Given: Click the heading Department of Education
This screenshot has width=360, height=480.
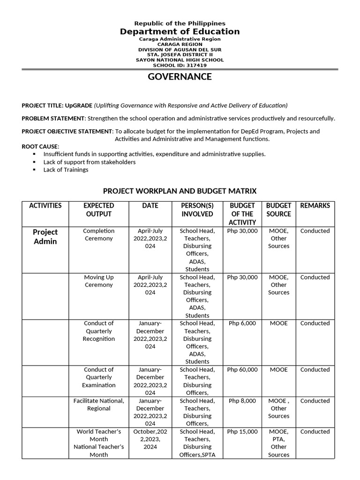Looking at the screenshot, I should pos(180,31).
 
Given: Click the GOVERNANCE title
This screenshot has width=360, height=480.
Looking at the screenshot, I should pos(180,77).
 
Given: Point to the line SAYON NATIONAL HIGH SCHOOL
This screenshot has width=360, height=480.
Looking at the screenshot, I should pos(180,60).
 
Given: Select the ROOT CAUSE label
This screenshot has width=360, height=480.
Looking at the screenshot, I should pos(40,147).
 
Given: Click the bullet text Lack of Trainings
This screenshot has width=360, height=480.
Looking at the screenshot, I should pos(66,170).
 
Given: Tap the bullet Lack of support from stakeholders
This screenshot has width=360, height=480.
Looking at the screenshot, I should pos(90,162).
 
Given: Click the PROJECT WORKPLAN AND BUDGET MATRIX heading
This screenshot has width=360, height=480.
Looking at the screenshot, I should pos(180,191).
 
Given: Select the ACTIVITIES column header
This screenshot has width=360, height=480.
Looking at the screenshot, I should pos(45,206).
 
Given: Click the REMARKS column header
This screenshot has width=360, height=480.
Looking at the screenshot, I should pos(315,206).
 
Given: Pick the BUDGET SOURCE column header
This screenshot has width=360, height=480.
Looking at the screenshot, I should pos(278,210).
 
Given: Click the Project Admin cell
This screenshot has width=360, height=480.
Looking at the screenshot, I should pos(45,237).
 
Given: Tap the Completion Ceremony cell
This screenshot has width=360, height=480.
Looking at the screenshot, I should pos(98,234).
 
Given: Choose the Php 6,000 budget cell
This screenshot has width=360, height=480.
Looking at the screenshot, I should pos(242,323).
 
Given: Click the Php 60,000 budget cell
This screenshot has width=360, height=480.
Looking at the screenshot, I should pos(242,370).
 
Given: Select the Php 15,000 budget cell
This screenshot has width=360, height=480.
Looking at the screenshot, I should pos(242,432).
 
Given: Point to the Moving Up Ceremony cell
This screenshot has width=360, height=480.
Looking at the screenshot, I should pos(98,281).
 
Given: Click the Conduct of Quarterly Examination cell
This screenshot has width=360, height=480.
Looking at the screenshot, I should pos(98,377).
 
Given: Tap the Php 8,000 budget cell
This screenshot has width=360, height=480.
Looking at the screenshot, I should pos(242,401).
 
